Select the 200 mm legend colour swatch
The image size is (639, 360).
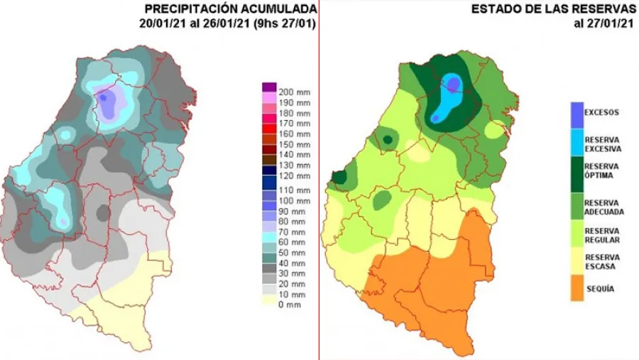(x=269, y=87)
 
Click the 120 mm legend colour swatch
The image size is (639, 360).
(x=269, y=175)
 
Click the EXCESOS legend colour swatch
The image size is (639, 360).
(x=576, y=112)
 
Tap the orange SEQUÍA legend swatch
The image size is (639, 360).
(x=576, y=289)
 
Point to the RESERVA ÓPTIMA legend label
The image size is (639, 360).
(x=601, y=170)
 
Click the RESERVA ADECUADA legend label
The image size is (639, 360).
(x=602, y=206)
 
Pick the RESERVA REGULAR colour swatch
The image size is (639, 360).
(x=576, y=234)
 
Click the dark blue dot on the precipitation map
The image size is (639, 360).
(x=104, y=98)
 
